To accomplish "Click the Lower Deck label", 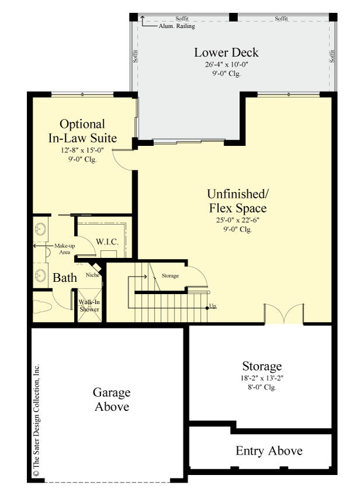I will (226, 53).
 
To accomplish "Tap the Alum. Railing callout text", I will (177, 26).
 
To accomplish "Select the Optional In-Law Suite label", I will (82, 131).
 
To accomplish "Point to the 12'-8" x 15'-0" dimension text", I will (82, 150).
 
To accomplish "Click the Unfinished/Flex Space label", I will (237, 200).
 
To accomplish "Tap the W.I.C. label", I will (107, 241).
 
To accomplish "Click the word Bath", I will (65, 278).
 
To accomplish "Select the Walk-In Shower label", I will (90, 306).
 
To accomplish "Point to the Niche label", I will (92, 274).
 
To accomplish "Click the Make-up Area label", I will (65, 249).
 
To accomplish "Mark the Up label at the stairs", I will (213, 306).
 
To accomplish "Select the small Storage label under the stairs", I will (170, 275).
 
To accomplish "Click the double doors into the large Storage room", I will (284, 314).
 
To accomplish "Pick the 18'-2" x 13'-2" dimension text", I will (262, 378).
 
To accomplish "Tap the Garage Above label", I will (112, 400).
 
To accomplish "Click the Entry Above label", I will (269, 451).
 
